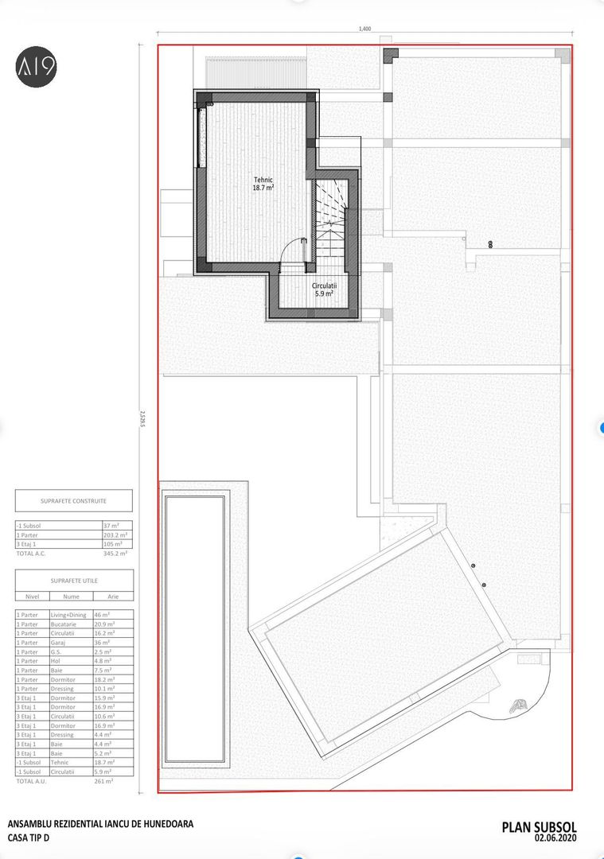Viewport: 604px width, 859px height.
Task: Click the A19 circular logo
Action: [x=37, y=66]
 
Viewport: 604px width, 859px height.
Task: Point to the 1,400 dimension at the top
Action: [x=364, y=29]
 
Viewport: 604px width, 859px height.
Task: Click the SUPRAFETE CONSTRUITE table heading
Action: [x=73, y=501]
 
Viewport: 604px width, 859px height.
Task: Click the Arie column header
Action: [x=112, y=595]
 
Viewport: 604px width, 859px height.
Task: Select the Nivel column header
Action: [x=32, y=595]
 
